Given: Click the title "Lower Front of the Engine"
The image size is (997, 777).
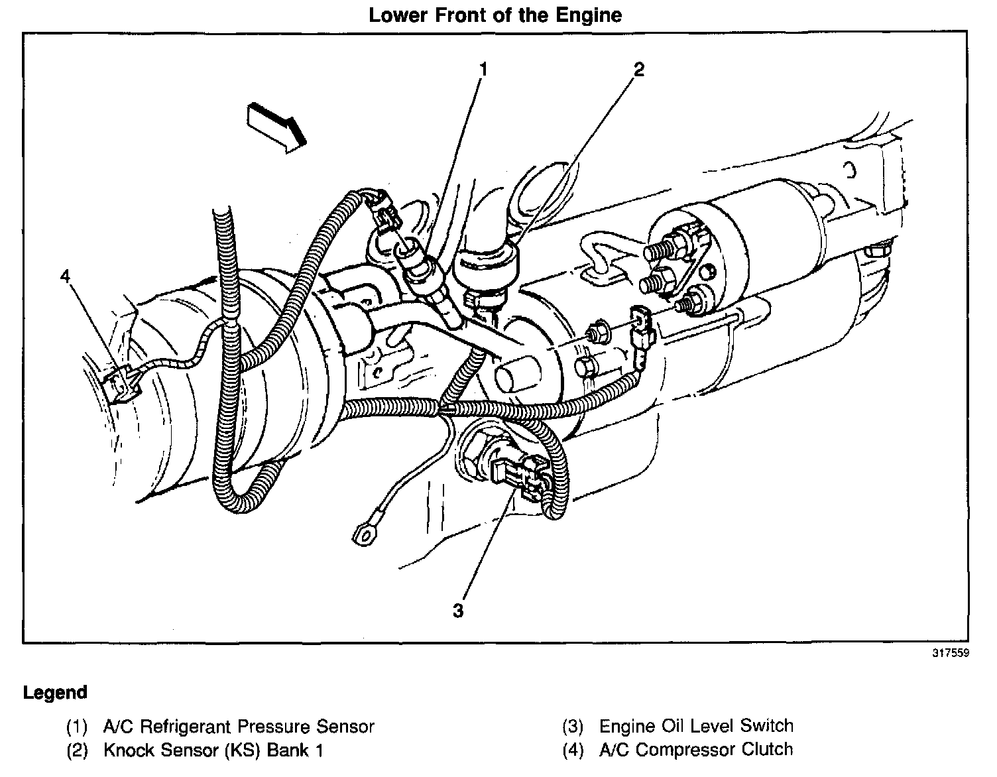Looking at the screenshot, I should (495, 15).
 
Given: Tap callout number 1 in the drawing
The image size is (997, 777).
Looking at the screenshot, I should (483, 69).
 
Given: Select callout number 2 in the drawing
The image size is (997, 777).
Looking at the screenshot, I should (638, 69).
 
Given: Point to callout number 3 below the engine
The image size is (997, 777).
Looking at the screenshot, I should (458, 610).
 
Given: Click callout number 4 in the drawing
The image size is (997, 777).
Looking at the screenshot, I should (65, 276).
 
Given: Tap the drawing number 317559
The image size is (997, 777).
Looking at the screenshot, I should (951, 653).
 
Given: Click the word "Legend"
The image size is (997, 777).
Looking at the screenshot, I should (55, 693).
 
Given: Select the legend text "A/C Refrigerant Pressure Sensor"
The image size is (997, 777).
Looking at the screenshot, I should (239, 727).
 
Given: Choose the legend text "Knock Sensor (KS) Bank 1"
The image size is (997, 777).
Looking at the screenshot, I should (213, 750).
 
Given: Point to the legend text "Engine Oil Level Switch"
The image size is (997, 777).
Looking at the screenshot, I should (696, 726).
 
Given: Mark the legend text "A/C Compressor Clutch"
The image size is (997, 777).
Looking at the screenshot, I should (696, 750).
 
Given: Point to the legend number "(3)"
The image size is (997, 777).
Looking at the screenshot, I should (573, 727).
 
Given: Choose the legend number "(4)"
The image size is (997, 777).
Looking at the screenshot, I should (573, 750).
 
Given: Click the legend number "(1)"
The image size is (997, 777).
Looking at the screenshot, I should (77, 727).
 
